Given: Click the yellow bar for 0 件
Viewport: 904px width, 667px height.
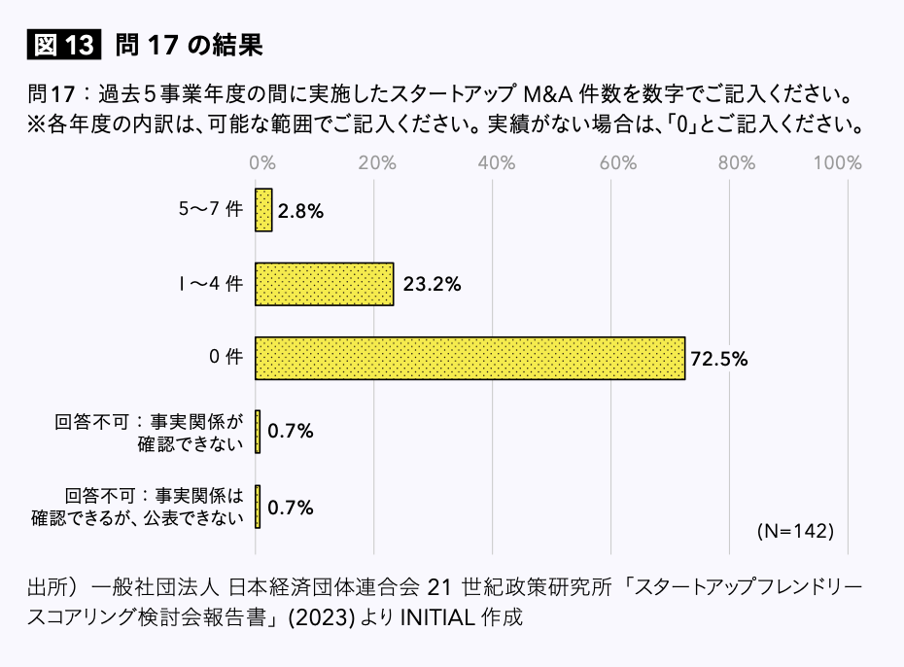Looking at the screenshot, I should (469, 358).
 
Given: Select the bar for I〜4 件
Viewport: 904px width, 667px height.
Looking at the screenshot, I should (324, 284).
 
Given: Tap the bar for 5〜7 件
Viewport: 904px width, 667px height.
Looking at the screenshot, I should (263, 210).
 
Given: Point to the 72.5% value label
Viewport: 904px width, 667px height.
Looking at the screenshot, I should (718, 359).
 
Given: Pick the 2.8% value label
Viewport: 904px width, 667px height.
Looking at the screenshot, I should (300, 211).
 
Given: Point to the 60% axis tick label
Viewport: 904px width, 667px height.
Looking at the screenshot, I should (616, 162).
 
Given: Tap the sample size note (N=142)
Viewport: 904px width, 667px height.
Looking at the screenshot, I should (794, 531).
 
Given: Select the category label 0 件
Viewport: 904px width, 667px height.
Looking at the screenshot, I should (226, 358).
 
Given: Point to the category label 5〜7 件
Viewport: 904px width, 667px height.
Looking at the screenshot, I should (210, 210).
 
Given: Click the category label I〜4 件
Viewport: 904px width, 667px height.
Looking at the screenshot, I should (211, 284).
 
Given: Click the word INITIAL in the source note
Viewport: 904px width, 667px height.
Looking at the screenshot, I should (435, 619).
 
